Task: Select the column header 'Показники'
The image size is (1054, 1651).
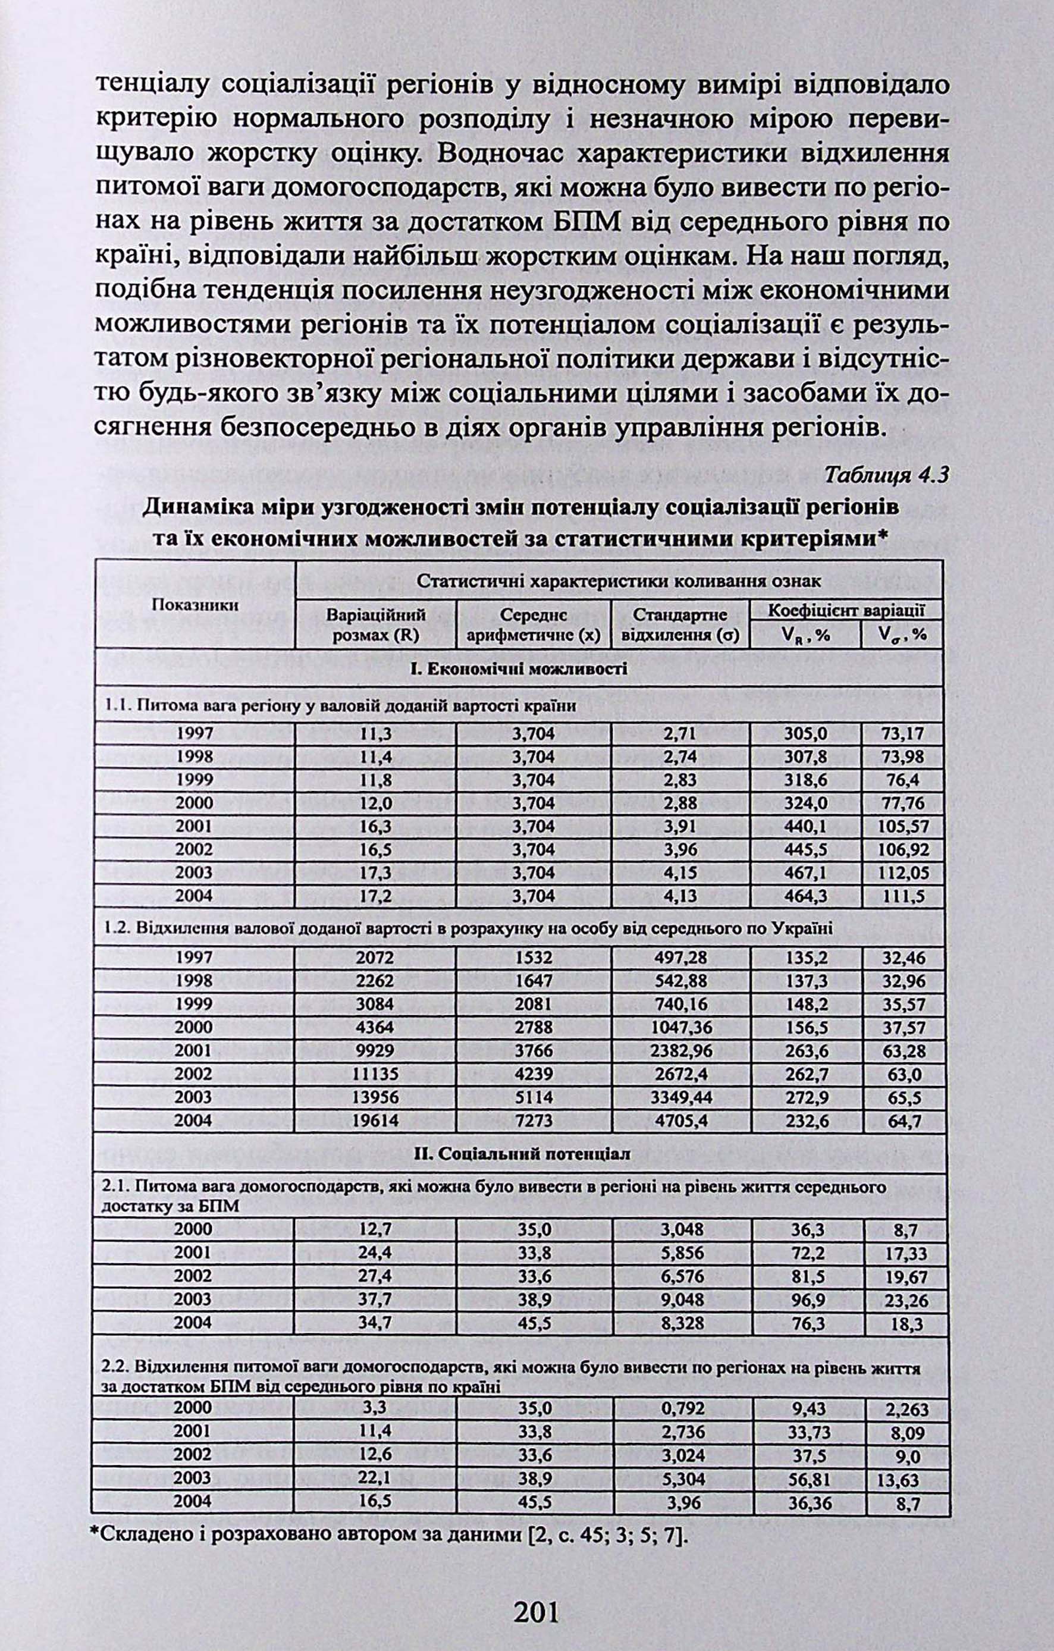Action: [195, 605]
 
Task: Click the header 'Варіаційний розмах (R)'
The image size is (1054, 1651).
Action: [375, 624]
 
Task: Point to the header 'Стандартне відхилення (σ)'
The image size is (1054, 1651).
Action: [680, 624]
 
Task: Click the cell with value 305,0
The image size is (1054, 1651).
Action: [806, 735]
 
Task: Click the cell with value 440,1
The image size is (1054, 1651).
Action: [806, 826]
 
